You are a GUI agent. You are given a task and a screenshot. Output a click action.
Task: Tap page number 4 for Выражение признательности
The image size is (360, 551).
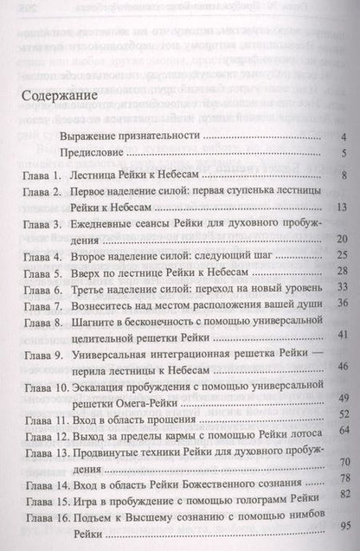pyautogui.click(x=344, y=137)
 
